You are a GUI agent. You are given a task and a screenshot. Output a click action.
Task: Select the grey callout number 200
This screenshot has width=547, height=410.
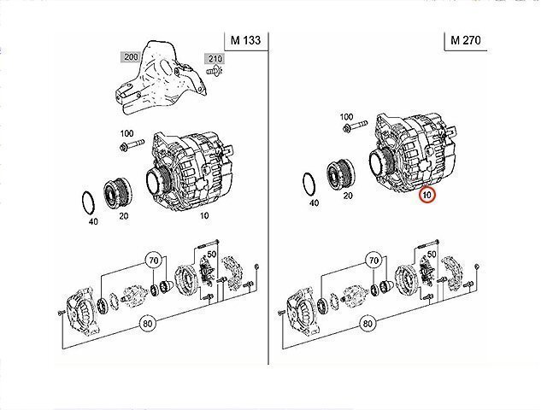(x=131, y=56)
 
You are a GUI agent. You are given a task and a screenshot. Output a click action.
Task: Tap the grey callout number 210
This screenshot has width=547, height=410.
(x=212, y=58)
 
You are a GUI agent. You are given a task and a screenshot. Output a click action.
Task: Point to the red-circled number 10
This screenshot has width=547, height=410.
(x=426, y=196)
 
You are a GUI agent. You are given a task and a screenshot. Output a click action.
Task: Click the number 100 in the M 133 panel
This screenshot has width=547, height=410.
(x=127, y=133)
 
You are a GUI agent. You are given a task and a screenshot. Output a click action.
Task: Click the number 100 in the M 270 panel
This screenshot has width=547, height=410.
(x=346, y=116)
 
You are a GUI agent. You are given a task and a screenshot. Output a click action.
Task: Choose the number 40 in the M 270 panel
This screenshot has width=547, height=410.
(x=314, y=203)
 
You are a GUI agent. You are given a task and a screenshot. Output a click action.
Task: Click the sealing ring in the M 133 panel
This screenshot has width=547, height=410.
(x=88, y=202)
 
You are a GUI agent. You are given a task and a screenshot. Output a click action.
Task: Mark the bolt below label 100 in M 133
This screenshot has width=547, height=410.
(x=126, y=150)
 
